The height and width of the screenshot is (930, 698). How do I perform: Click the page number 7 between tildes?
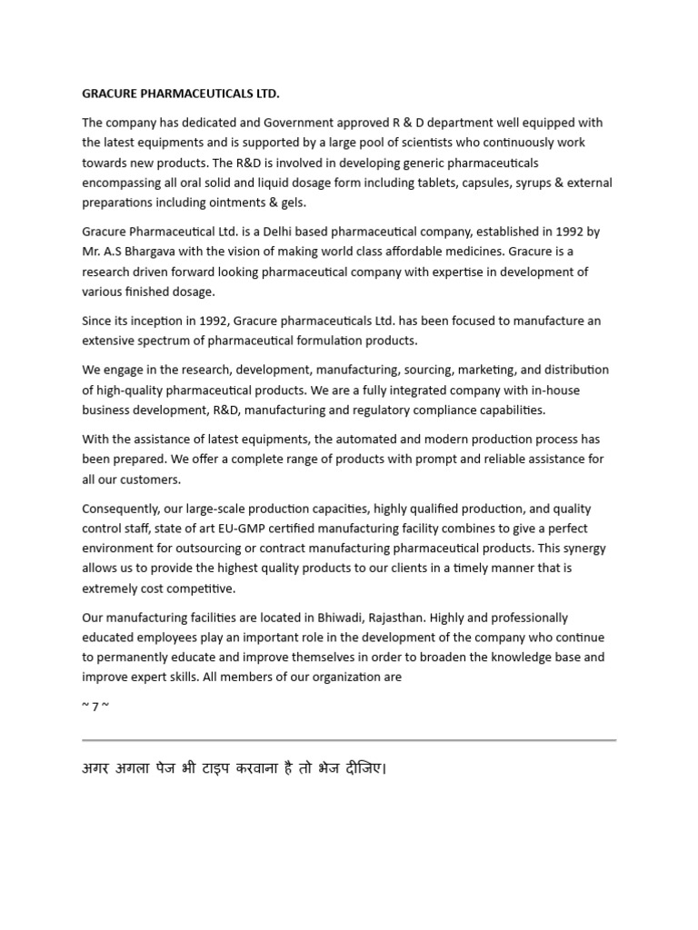click(x=95, y=707)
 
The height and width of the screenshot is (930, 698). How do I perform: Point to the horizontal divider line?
click(x=349, y=740)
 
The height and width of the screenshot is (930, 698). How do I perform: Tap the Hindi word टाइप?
click(x=240, y=769)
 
